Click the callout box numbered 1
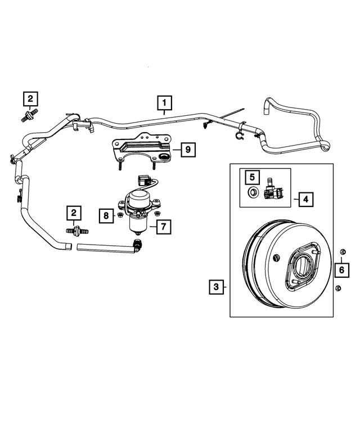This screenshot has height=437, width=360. coord(165,103)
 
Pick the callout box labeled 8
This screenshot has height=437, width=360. coord(106,214)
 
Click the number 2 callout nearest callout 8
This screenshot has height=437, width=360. coord(74,213)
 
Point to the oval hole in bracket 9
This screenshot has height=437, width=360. coord(165,155)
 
